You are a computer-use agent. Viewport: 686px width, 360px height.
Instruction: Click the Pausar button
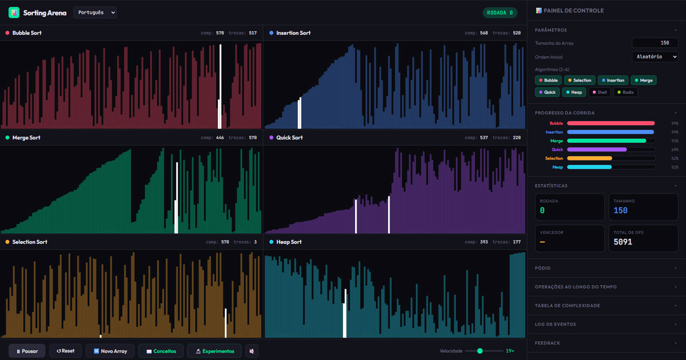tap(27, 351)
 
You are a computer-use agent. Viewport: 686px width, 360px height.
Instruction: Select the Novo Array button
tap(110, 351)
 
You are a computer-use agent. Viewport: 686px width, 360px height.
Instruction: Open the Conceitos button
tap(161, 351)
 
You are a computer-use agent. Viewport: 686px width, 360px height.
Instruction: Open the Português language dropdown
tap(95, 13)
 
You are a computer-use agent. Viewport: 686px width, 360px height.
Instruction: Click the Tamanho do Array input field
tap(655, 43)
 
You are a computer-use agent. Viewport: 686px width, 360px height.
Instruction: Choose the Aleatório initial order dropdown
tap(655, 57)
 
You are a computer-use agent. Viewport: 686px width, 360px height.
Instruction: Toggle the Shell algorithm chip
tap(599, 92)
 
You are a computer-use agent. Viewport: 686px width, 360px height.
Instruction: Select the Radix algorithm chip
tap(626, 92)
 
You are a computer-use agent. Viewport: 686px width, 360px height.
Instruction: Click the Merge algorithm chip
tap(643, 81)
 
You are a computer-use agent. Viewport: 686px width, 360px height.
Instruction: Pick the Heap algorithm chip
tap(573, 92)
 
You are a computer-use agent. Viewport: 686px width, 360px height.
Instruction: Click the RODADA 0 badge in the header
tap(500, 13)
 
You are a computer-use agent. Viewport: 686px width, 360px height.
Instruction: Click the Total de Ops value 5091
tap(623, 242)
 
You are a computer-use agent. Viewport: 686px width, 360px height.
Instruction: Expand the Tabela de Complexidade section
tap(606, 306)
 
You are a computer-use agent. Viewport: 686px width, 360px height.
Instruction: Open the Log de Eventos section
tap(606, 325)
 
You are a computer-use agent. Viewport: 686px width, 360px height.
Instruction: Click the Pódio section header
tap(606, 268)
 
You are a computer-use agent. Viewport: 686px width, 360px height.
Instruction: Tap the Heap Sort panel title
tap(289, 242)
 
